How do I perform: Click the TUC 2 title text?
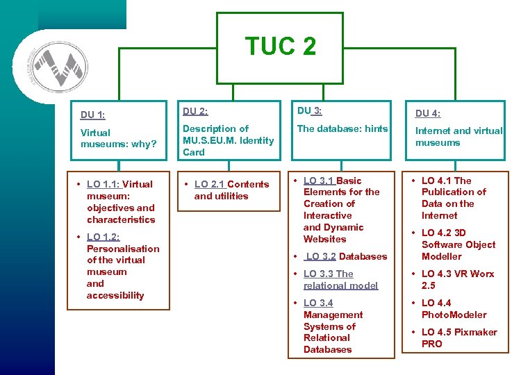point(280,46)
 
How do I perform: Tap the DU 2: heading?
point(195,111)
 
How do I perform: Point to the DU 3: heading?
point(309,110)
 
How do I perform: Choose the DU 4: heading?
point(427,114)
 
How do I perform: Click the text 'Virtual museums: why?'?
point(119,138)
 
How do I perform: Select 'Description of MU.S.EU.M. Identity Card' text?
point(228,140)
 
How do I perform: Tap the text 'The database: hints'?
point(342,128)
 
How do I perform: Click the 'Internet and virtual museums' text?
point(458,136)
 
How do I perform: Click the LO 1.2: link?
point(103,237)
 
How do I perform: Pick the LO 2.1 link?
point(209,185)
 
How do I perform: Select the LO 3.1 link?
point(318,181)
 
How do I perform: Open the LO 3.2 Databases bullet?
point(346,256)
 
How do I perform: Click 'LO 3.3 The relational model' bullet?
point(340,280)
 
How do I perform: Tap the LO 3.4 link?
point(318,303)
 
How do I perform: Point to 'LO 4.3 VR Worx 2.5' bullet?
point(458,279)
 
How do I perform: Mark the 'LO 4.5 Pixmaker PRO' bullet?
point(458,338)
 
